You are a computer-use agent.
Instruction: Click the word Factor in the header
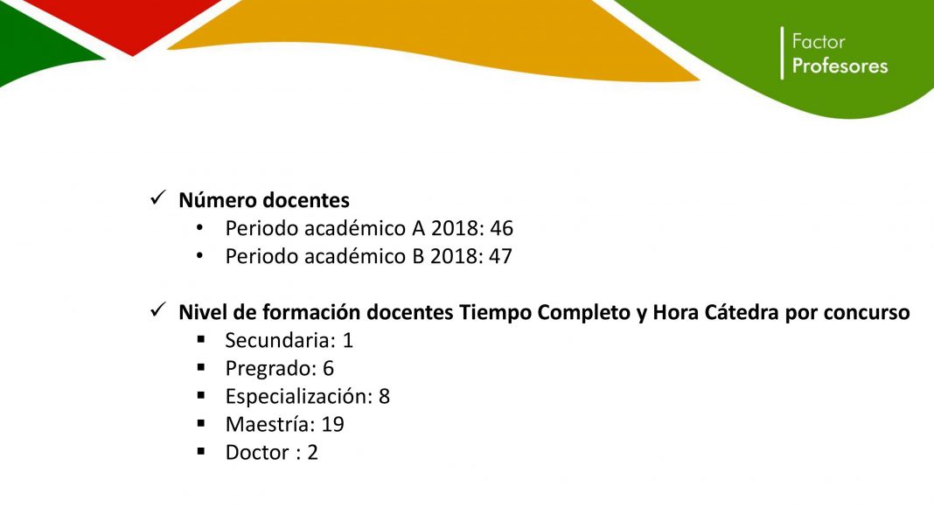click(818, 42)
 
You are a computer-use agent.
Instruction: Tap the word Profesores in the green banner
click(840, 66)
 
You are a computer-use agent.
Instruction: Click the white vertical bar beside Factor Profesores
click(782, 53)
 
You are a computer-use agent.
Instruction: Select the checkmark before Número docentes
click(157, 198)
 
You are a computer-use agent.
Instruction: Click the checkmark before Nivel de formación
click(157, 309)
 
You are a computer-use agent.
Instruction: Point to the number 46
click(502, 228)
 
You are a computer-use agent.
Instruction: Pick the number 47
click(500, 256)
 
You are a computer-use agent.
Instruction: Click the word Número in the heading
click(218, 200)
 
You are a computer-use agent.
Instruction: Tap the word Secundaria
click(278, 340)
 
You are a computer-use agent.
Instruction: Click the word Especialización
click(299, 396)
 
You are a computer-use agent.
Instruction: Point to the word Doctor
click(257, 452)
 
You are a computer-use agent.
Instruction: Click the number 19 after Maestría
click(333, 424)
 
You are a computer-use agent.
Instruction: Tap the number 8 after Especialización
click(384, 396)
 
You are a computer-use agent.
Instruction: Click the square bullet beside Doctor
click(201, 452)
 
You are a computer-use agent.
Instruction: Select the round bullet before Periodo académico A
click(199, 227)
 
